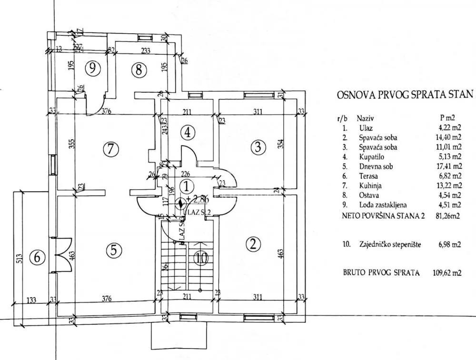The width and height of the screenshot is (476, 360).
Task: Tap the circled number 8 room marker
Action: [138, 70]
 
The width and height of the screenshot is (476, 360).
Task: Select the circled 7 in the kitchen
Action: [110, 149]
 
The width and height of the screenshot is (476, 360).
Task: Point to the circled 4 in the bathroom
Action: [188, 133]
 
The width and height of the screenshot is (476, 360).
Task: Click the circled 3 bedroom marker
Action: [258, 147]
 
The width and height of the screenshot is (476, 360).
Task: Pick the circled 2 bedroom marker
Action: [253, 244]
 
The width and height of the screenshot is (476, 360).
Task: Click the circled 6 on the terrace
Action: [37, 258]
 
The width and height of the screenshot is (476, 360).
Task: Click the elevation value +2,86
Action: [195, 199]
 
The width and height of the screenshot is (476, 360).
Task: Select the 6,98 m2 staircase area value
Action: [450, 244]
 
